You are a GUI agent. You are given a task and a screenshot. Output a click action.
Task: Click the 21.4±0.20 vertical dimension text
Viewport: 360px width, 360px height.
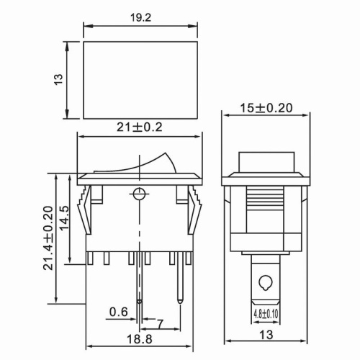48,238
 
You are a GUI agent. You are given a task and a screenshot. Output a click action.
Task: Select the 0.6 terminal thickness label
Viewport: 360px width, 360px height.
119,312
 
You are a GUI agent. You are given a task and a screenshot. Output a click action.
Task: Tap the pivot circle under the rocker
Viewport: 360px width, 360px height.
138,193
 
